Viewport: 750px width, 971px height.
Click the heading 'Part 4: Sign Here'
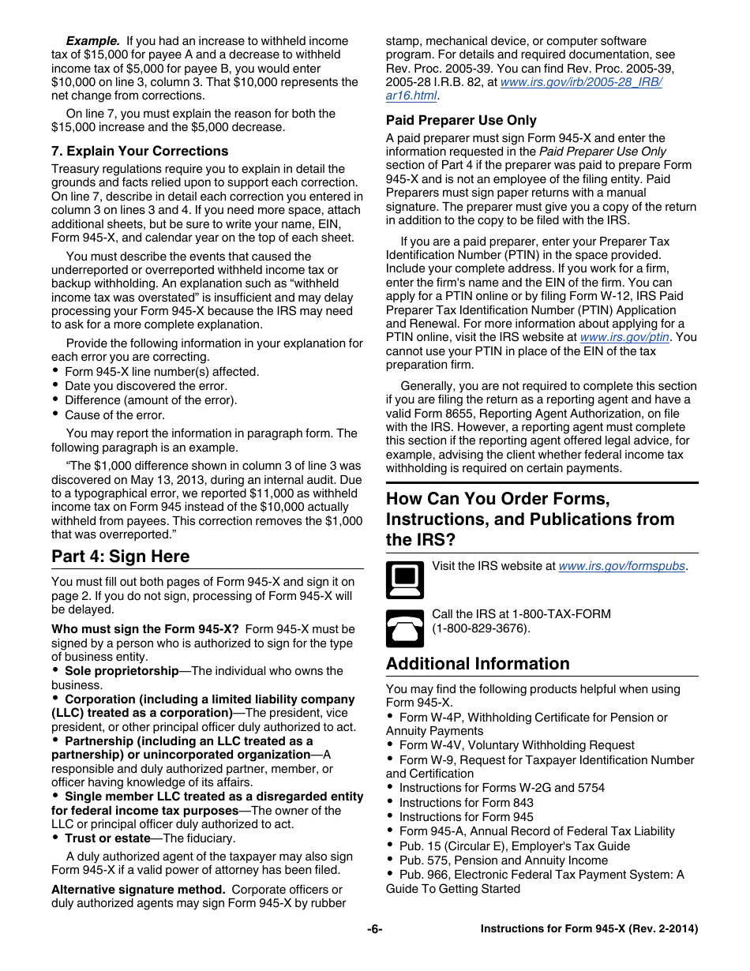(120, 557)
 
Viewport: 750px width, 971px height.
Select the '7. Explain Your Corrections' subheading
(140, 151)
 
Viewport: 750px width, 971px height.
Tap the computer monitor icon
(404, 580)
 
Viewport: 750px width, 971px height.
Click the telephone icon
(404, 629)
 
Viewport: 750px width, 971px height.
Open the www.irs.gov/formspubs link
(621, 566)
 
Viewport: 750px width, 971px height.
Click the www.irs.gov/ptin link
(624, 337)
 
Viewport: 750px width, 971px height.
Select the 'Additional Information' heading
(478, 664)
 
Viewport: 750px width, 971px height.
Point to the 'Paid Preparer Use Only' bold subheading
(461, 121)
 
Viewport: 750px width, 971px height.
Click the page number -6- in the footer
(374, 929)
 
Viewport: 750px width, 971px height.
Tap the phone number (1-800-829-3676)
(481, 628)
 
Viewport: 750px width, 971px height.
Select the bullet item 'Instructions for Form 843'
(466, 803)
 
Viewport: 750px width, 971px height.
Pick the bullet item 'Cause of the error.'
(114, 415)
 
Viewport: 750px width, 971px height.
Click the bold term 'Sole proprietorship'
(122, 671)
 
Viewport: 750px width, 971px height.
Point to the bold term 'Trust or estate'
(107, 838)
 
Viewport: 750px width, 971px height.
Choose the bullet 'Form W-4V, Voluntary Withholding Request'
(516, 745)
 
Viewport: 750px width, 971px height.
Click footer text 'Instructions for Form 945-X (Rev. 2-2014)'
(589, 929)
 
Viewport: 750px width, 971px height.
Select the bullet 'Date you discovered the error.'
(145, 386)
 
